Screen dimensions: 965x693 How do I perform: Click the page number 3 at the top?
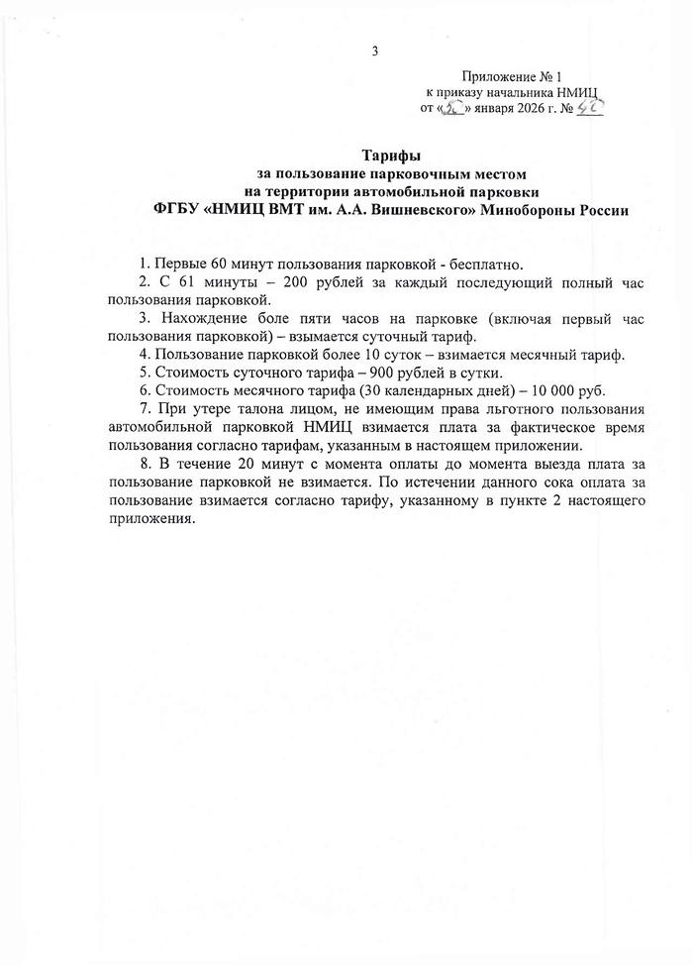click(x=375, y=52)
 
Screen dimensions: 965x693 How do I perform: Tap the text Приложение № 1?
click(x=511, y=76)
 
